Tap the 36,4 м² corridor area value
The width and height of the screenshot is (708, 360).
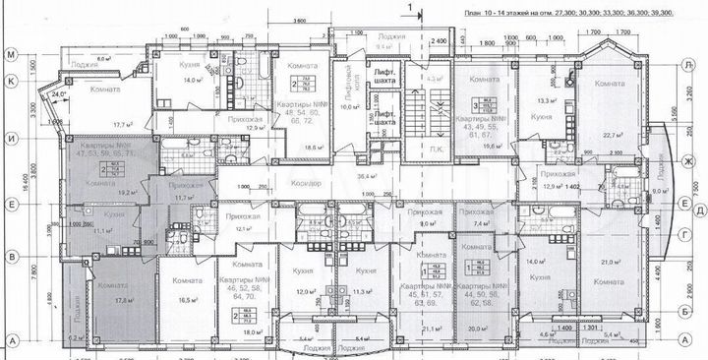click(x=369, y=175)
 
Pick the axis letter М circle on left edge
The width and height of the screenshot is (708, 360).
click(x=11, y=54)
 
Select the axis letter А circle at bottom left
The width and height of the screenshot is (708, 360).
click(x=11, y=339)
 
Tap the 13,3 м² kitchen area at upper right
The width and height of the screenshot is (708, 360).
click(x=539, y=98)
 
